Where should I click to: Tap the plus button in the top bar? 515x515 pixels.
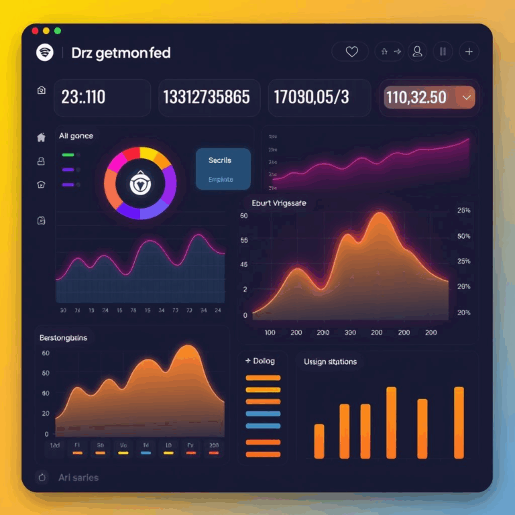[469, 52]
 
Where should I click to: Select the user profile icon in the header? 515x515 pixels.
[418, 52]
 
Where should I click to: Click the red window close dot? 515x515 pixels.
[34, 31]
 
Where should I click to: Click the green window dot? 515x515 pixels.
[58, 31]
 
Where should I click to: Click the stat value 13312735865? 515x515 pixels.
[207, 97]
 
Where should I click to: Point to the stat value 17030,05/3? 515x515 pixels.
[311, 97]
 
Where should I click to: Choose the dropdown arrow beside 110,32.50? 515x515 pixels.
[467, 98]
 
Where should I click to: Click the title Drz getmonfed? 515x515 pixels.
[121, 53]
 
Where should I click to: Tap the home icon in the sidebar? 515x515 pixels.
[41, 137]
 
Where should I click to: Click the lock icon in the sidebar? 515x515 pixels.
[41, 161]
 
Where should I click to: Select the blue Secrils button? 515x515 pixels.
[223, 168]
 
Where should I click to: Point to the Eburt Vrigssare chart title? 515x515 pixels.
[278, 203]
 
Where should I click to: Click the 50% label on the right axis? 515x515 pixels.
[463, 236]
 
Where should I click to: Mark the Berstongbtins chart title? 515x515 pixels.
[64, 338]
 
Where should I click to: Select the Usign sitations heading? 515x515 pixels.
[330, 361]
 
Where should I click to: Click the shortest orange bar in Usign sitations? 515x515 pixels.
[319, 441]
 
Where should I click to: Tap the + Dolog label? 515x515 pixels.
[261, 361]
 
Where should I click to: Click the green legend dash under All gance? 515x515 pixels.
[68, 154]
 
